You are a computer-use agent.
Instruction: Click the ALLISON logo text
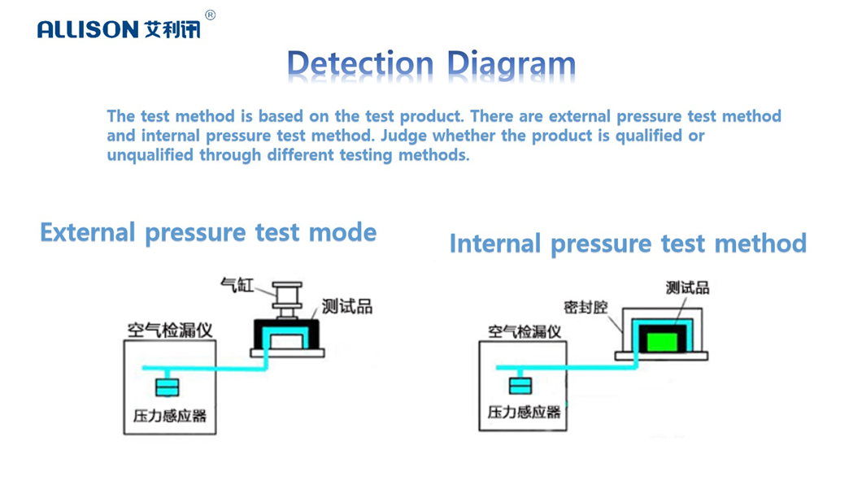[88, 30]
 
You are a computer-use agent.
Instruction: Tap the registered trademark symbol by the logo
[210, 15]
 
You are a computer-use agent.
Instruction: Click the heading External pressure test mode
[208, 233]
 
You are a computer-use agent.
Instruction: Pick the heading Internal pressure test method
[628, 244]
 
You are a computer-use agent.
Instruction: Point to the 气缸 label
[237, 285]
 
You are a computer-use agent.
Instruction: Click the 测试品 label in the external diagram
[347, 306]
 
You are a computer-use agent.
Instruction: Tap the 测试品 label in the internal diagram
[687, 287]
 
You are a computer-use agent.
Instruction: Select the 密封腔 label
[586, 308]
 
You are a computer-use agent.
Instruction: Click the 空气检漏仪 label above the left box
[169, 330]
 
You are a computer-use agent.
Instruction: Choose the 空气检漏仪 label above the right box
[525, 331]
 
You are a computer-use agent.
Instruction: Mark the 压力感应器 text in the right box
[525, 412]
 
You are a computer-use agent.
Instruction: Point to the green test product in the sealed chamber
[661, 337]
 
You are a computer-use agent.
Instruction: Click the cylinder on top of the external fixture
[287, 299]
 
